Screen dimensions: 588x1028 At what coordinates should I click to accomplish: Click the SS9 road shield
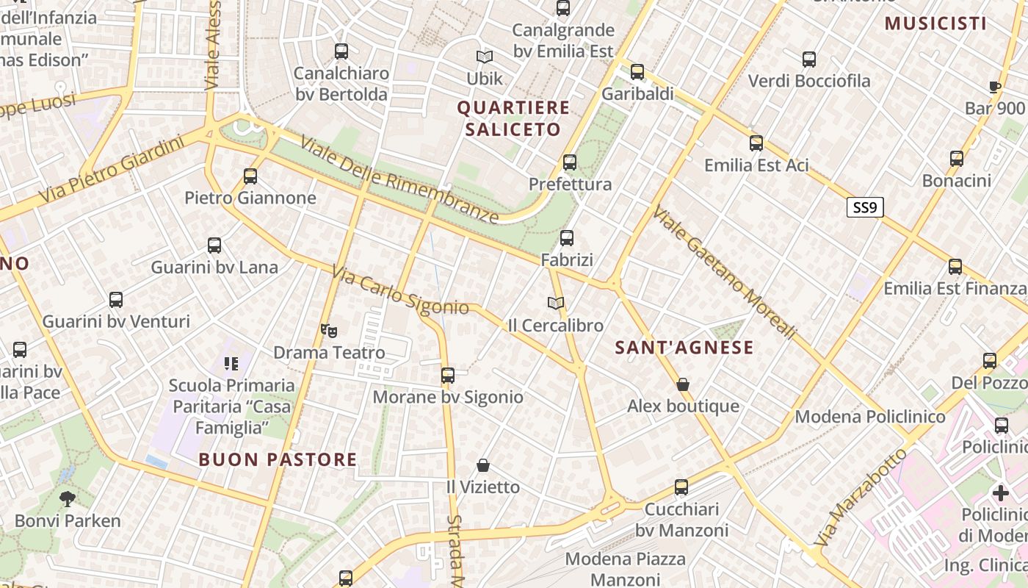coord(864,207)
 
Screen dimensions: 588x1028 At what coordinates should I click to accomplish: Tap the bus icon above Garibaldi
coord(637,72)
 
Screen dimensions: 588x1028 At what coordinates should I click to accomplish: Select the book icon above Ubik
coord(484,57)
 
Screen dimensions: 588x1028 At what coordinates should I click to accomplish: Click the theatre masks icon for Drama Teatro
coord(328,331)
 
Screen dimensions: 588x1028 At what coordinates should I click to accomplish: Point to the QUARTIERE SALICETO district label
coord(513,118)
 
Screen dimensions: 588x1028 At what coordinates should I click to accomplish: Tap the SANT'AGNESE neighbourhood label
coord(684,348)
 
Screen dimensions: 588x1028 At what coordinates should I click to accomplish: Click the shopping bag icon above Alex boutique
coord(683,384)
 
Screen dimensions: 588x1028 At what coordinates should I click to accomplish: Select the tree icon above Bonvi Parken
coord(67,499)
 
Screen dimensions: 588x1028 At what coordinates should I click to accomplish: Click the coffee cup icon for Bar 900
coord(994,87)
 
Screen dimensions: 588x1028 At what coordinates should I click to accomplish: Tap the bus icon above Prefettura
coord(570,162)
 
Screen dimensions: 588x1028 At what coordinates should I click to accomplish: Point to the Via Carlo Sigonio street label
coord(399,290)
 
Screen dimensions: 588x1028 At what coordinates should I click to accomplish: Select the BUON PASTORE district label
coord(278,460)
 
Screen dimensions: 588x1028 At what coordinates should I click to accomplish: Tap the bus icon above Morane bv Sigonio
coord(448,376)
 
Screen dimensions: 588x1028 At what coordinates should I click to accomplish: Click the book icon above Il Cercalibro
coord(556,303)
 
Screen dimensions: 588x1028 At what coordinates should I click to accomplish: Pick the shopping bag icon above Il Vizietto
coord(483,465)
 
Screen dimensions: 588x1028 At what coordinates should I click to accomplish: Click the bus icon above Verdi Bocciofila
coord(809,60)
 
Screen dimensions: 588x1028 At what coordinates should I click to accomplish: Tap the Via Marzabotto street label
coord(861,498)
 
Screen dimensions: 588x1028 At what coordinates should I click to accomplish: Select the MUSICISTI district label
coord(935,24)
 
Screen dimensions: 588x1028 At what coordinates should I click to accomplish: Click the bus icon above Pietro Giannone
coord(250,176)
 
